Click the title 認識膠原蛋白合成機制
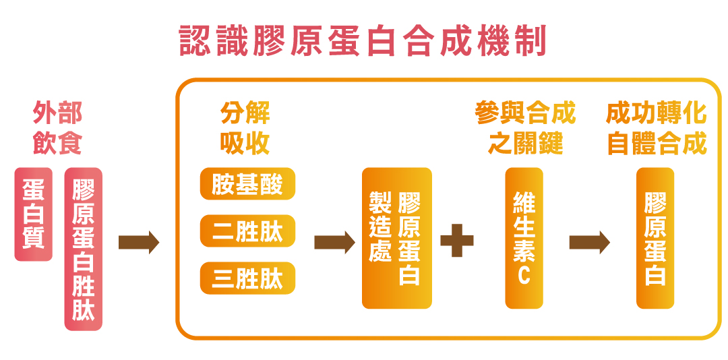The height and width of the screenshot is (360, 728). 363,42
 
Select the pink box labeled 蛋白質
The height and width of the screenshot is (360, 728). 33,214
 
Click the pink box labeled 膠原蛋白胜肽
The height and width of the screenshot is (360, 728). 84,249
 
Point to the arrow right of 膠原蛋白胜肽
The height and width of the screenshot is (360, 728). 138,242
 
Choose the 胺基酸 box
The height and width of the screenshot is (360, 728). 247,184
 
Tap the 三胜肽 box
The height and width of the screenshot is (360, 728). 247,278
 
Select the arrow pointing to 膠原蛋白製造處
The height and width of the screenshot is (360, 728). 334,242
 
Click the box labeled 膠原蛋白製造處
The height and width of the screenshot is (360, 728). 396,238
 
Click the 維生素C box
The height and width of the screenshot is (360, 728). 524,238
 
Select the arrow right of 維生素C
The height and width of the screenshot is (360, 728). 589,242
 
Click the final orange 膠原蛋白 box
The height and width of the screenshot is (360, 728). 655,238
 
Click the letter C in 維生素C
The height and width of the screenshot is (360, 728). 524,276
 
